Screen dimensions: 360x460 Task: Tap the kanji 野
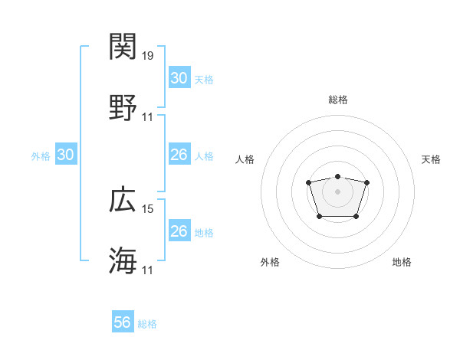point(123,107)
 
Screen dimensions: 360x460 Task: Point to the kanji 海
point(123,260)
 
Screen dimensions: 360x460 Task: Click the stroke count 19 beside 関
point(148,55)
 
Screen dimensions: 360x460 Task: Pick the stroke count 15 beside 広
point(148,208)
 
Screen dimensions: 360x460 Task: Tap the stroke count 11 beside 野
point(148,116)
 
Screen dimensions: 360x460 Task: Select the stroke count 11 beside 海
point(148,270)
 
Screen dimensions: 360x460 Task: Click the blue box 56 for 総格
point(123,323)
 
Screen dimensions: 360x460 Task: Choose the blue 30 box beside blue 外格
point(66,155)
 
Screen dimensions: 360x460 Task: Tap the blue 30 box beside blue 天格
point(179,78)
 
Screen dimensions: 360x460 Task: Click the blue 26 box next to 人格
point(179,155)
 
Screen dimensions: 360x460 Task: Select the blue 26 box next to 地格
point(179,231)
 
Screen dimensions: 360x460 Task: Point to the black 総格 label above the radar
point(337,100)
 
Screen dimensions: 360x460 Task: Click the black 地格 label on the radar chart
point(402,263)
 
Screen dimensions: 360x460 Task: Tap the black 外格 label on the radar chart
point(270,263)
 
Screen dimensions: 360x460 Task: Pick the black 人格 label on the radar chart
point(245,159)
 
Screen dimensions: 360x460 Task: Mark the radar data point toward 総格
point(337,177)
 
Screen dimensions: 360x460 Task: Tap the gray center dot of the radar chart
point(337,191)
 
